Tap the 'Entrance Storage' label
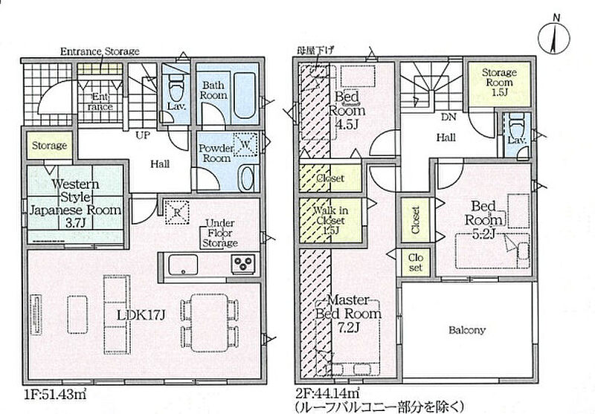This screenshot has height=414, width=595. [99, 51]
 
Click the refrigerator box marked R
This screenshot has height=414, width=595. [174, 211]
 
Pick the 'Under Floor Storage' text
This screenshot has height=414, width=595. [220, 233]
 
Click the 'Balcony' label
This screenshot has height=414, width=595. [466, 330]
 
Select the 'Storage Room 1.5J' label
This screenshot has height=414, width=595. [498, 81]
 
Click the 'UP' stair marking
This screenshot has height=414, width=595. [139, 136]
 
